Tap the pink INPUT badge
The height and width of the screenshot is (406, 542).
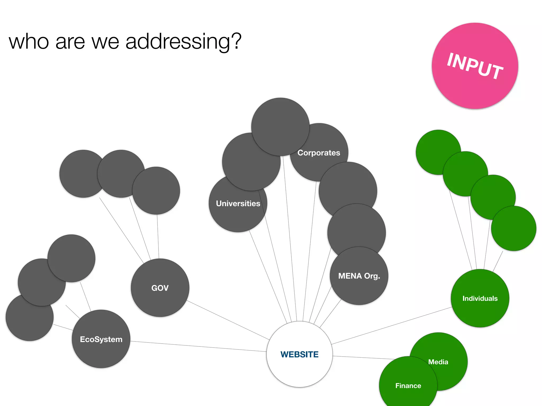coord(475,66)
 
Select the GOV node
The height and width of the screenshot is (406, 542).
coord(160,288)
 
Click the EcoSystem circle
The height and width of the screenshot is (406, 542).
coord(101,339)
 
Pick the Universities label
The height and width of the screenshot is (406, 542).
coord(238,204)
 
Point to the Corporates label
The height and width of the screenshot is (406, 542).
coord(319,153)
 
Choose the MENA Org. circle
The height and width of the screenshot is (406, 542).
coord(359,276)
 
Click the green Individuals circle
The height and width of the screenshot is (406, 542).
coord(480,298)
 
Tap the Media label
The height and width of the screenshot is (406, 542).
coord(438,362)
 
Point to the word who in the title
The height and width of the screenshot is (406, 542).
coord(29,42)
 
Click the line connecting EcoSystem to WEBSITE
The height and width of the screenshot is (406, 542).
coord(198,346)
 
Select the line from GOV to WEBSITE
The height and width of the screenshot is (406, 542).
coord(228,320)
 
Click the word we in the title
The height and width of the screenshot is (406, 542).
coord(105,42)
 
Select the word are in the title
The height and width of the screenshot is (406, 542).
coord(70,42)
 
